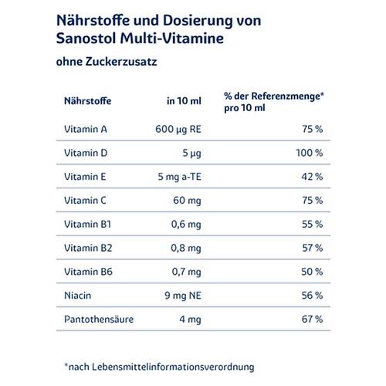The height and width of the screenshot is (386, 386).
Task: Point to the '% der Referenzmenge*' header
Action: click(x=273, y=96)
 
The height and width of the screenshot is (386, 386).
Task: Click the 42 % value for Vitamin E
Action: click(x=313, y=177)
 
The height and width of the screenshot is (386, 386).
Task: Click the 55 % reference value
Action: click(x=313, y=225)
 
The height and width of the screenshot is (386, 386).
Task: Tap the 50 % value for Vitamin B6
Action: click(x=313, y=272)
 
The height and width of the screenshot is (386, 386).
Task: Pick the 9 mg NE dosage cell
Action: click(x=181, y=296)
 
